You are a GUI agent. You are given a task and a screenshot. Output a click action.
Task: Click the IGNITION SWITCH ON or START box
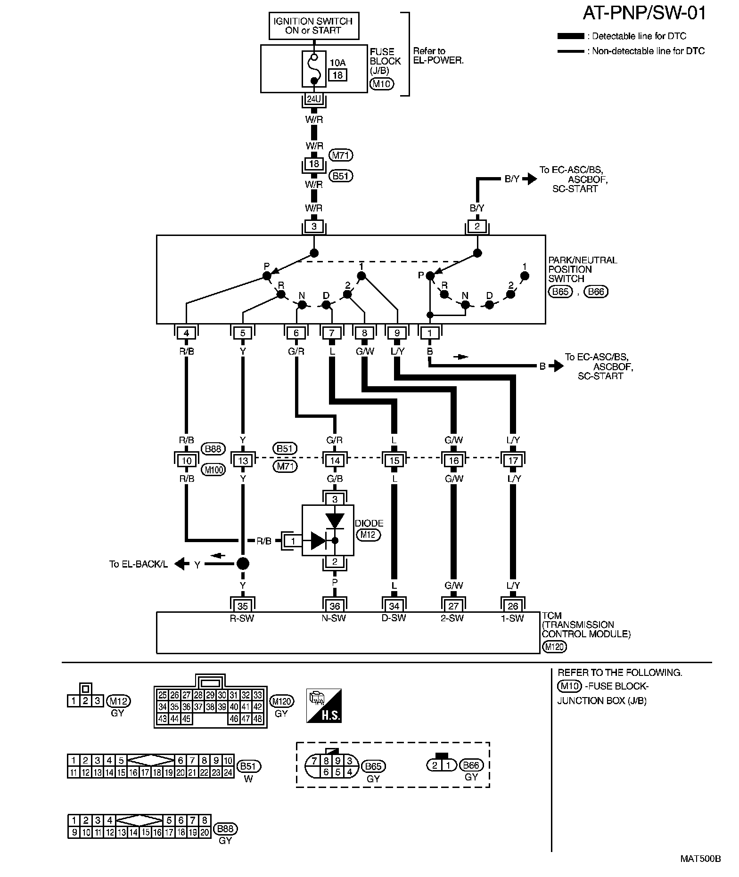click(314, 26)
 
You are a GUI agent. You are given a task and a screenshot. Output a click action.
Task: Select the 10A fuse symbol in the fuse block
click(314, 69)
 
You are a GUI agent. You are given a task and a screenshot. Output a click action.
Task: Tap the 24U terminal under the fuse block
click(313, 99)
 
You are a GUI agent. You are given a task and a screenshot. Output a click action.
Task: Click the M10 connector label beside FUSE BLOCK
click(382, 84)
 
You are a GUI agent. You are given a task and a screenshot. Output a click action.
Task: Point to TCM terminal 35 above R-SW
click(242, 606)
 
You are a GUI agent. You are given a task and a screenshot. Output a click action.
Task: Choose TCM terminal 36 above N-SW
click(334, 606)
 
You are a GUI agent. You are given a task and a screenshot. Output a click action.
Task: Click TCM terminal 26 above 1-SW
click(513, 606)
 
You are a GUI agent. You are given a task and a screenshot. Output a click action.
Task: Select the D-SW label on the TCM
click(394, 618)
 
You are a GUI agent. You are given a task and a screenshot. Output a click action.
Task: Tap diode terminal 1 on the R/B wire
click(293, 541)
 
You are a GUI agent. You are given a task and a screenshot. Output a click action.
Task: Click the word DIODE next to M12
click(369, 523)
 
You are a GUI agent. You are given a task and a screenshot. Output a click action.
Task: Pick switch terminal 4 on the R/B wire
click(187, 333)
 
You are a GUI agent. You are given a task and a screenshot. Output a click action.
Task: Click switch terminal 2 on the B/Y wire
click(477, 227)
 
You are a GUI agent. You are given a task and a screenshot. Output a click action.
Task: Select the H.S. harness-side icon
click(324, 706)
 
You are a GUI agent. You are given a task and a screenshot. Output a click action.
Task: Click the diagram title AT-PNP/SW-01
click(644, 14)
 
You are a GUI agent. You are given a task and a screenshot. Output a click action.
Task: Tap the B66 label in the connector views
click(471, 765)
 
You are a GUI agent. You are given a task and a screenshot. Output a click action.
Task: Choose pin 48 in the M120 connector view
click(258, 719)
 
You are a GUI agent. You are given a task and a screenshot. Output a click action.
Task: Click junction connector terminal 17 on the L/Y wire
click(513, 460)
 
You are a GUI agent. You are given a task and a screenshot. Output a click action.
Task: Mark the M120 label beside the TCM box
click(554, 647)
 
